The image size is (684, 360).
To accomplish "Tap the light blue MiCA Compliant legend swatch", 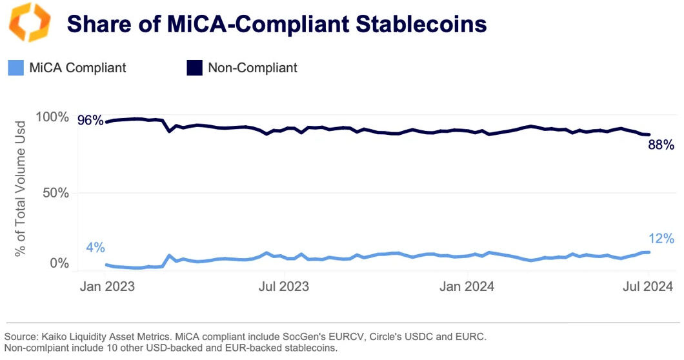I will coord(15,68).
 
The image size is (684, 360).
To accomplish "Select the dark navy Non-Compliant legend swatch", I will coord(194,68).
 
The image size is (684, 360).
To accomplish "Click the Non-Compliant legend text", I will coord(252,68).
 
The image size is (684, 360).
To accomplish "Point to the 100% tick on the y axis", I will coord(51,117).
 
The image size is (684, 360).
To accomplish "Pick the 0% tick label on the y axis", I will coord(59,263).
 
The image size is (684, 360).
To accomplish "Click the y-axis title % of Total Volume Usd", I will coord(21,188).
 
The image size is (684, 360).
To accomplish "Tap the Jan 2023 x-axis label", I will coord(106,286).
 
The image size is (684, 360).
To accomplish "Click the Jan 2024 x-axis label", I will coord(467,286).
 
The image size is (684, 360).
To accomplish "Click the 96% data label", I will coord(90,120).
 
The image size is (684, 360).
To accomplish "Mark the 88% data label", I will coord(661,145).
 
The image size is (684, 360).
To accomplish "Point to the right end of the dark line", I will coord(649,134).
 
